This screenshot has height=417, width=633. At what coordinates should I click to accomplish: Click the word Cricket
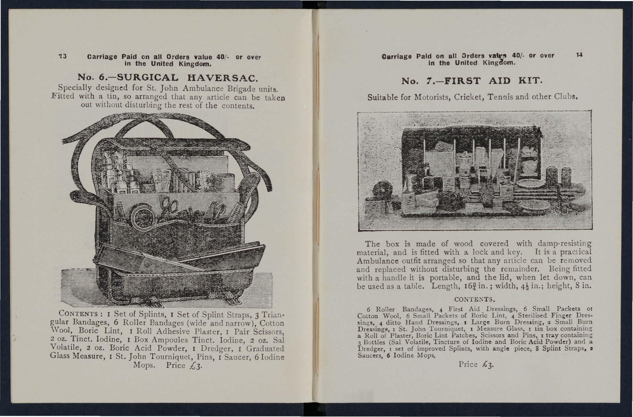(x=470, y=97)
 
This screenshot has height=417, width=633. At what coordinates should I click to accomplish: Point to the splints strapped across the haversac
(x=178, y=257)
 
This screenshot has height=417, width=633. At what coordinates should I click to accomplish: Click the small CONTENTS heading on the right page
(x=474, y=299)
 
